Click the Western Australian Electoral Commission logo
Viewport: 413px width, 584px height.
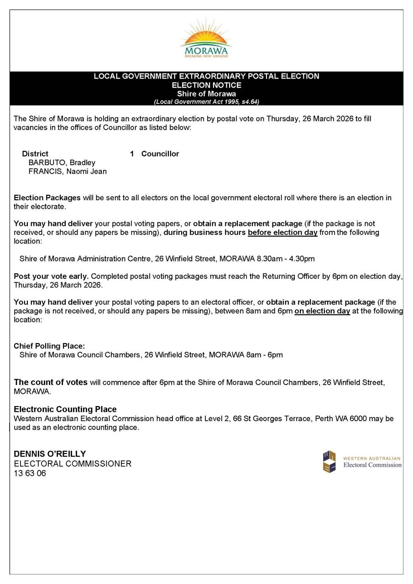(x=362, y=462)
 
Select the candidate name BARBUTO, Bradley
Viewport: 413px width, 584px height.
(x=62, y=163)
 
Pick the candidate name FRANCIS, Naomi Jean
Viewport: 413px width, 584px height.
(x=68, y=172)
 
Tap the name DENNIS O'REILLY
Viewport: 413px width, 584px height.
(x=50, y=454)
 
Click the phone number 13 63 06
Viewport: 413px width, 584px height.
(x=30, y=473)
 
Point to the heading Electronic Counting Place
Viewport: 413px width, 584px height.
(x=65, y=409)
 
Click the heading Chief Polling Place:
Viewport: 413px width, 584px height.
(x=49, y=346)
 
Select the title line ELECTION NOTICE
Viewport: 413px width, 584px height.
(x=206, y=85)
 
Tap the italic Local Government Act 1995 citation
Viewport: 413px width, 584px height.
(x=206, y=102)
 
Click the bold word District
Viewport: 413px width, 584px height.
(x=35, y=154)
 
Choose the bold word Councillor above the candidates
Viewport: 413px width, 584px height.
(x=160, y=154)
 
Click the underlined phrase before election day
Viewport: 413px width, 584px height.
(x=282, y=232)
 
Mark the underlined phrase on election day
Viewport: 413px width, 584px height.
(x=322, y=311)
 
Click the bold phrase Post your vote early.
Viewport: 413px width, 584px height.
(x=51, y=276)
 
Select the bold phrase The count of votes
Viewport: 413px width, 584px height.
(x=51, y=382)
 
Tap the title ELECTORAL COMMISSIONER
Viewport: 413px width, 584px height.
(x=73, y=464)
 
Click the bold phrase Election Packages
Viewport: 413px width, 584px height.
(x=47, y=198)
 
